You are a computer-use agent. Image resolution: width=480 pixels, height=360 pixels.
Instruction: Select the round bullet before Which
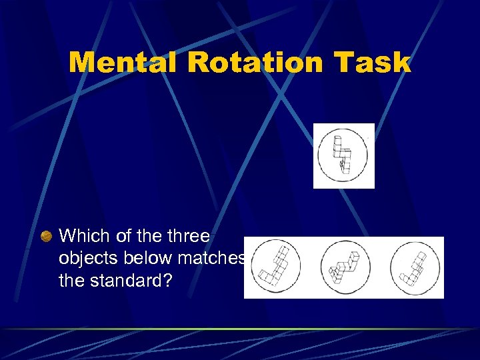point(46,236)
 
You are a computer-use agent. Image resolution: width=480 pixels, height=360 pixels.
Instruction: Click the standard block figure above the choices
point(343,155)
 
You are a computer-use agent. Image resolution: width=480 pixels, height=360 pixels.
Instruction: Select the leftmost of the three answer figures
point(275,267)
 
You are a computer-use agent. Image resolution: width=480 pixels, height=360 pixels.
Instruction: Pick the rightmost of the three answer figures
point(415,267)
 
